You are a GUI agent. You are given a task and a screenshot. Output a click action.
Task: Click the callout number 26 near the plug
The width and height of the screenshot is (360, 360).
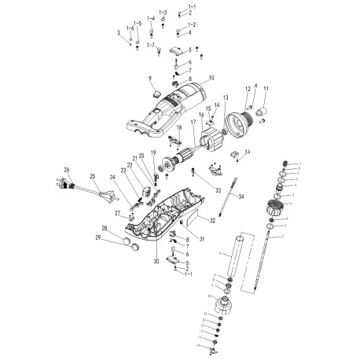pyautogui.click(x=67, y=169)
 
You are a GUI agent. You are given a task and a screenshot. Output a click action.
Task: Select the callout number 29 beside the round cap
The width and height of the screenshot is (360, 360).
pyautogui.click(x=119, y=237)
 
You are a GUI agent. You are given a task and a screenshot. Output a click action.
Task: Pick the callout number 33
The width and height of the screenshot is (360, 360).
pyautogui.click(x=217, y=190)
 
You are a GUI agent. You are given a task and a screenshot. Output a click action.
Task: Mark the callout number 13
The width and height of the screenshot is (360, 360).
pyautogui.click(x=225, y=96)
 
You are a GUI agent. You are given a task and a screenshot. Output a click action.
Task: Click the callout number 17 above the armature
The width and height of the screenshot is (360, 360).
pyautogui.click(x=193, y=122)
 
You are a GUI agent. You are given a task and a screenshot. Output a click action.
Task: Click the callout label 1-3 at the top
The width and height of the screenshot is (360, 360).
pyautogui.click(x=163, y=13)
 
